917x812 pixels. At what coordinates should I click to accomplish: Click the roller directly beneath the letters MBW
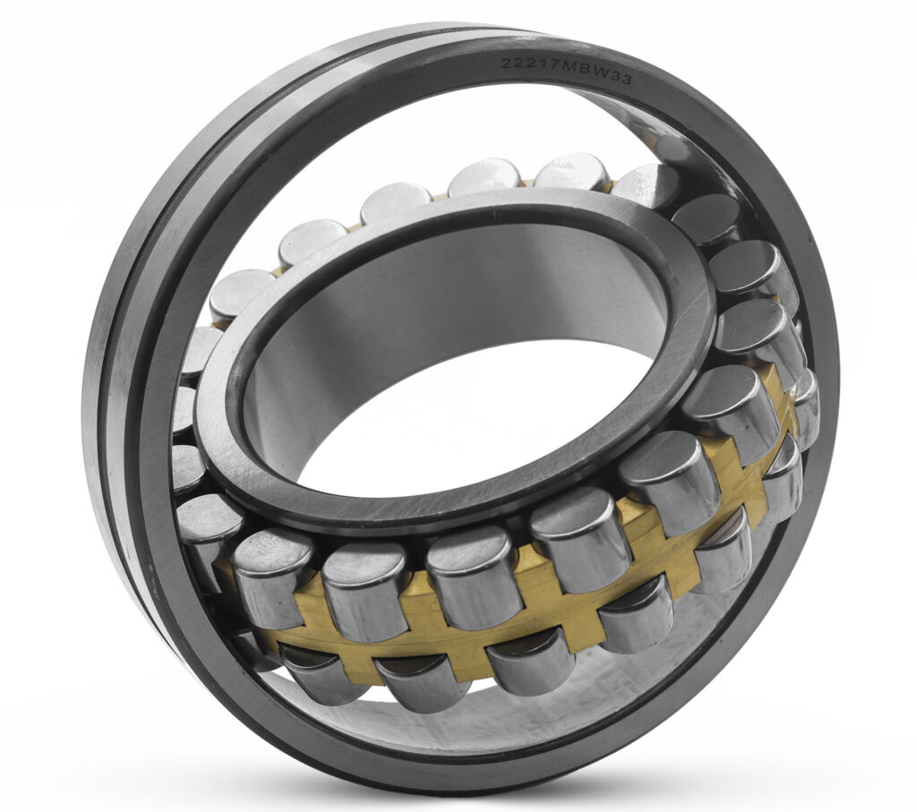[573, 170]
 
